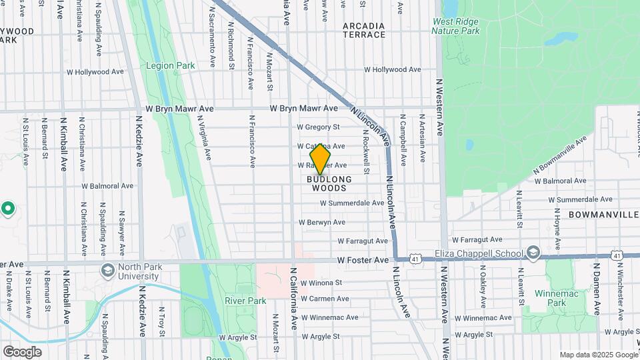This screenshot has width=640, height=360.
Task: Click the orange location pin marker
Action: (x=321, y=159)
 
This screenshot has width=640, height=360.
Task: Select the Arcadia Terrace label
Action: (x=364, y=30)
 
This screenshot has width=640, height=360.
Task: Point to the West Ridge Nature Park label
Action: (x=455, y=26)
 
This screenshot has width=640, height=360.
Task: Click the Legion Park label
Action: (x=171, y=66)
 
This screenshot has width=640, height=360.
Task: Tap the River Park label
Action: (x=245, y=301)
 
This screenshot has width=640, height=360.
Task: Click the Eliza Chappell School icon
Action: (x=533, y=252)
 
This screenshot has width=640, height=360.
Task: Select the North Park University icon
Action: (x=107, y=270)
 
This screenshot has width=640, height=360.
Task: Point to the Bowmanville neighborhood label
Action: (x=604, y=215)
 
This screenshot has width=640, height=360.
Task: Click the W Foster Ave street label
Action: (x=362, y=260)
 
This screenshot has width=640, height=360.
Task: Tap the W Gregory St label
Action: (x=319, y=127)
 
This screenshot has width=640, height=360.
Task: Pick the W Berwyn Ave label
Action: (x=322, y=222)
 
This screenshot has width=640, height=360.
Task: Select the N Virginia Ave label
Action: (x=203, y=138)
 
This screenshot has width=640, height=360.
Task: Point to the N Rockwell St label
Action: (x=366, y=147)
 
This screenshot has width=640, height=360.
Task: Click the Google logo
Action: (x=22, y=351)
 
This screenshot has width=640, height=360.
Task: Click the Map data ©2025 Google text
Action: (x=597, y=355)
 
